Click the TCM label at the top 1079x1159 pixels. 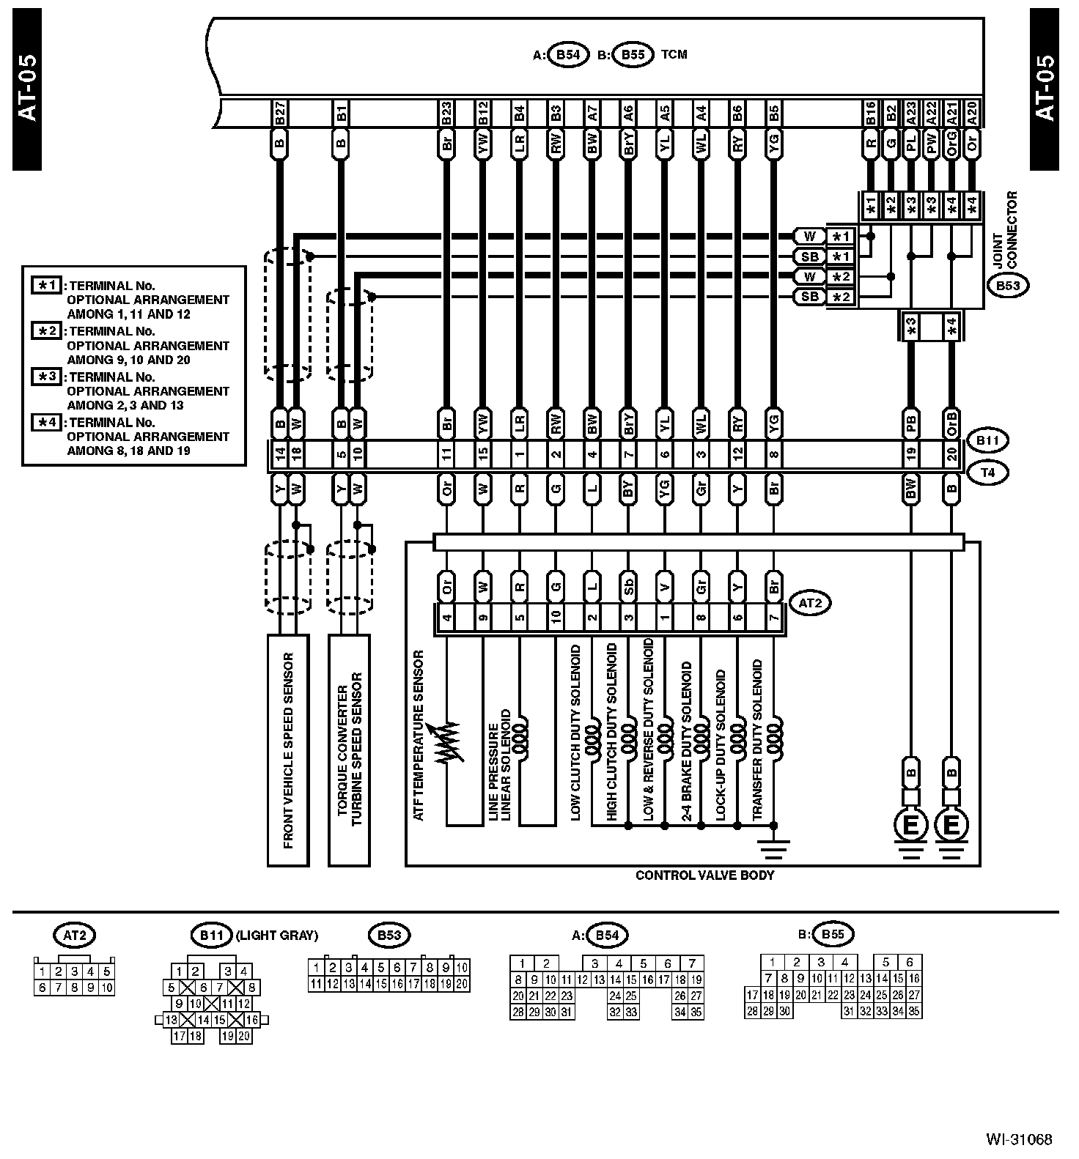coord(674,54)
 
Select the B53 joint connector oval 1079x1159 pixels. coord(1008,286)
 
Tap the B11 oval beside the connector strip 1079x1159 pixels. coord(987,441)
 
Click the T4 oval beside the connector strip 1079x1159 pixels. coord(987,473)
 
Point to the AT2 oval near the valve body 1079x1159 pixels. coord(809,604)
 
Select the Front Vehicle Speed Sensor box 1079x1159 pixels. coord(288,750)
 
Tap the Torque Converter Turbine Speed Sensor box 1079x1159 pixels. coord(350,750)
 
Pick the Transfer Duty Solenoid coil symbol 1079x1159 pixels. coord(774,741)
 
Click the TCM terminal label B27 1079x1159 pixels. coord(279,114)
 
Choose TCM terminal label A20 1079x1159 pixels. coord(972,114)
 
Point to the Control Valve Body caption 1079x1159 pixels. coord(704,875)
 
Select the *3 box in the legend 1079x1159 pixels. coord(48,377)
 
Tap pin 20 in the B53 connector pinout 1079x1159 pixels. coord(462,984)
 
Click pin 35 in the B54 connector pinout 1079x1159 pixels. coord(696,1012)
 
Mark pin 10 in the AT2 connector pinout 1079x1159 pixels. coord(107,988)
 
